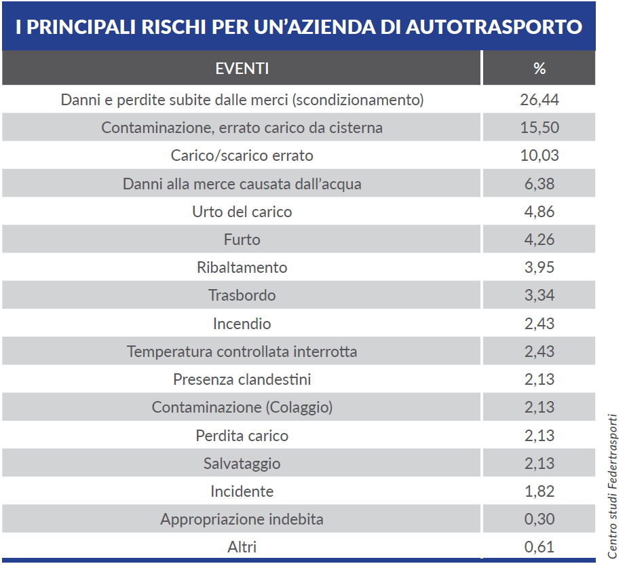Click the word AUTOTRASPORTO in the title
click(x=494, y=26)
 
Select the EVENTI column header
click(x=242, y=69)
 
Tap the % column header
click(x=539, y=69)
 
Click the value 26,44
click(x=539, y=100)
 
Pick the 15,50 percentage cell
click(x=539, y=128)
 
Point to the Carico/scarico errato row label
click(x=242, y=155)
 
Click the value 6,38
click(x=539, y=184)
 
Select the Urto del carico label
click(x=242, y=212)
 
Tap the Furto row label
click(x=242, y=240)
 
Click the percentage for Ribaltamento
click(x=539, y=267)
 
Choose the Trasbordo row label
click(x=242, y=295)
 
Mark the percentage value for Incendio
click(x=539, y=323)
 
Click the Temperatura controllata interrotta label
click(x=242, y=351)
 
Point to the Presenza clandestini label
click(x=242, y=379)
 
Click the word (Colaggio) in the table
click(x=299, y=408)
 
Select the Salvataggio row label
click(x=242, y=464)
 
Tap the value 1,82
click(x=539, y=491)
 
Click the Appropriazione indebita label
click(x=242, y=519)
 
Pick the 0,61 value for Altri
click(x=539, y=547)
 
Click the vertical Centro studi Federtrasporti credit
click(x=613, y=487)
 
